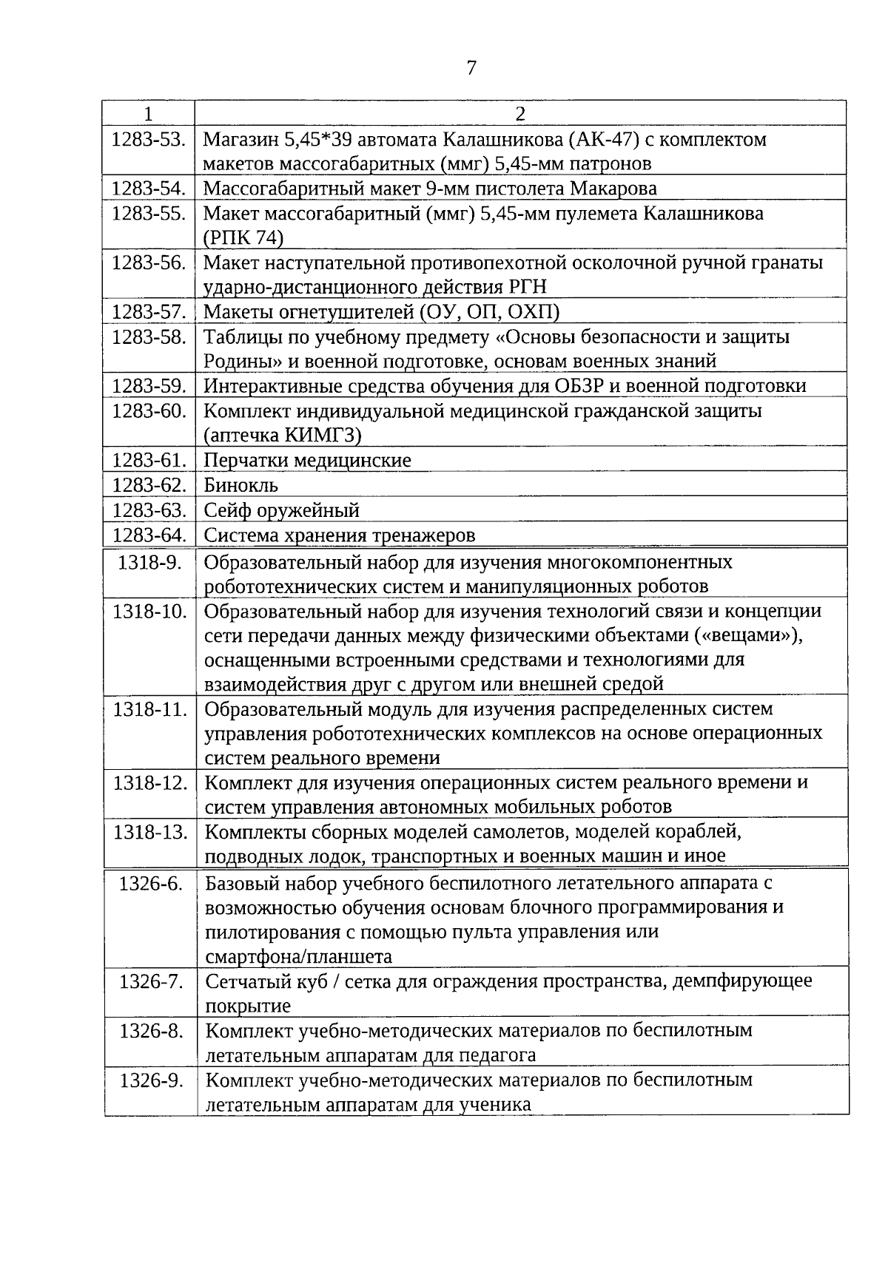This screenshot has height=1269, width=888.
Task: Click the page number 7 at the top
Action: pos(471,68)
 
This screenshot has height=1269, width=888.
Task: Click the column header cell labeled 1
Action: pos(149,113)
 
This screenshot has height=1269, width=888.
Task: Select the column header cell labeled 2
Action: pos(520,113)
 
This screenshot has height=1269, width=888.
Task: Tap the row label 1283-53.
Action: pos(149,139)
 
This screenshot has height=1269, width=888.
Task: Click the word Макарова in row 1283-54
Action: pos(613,189)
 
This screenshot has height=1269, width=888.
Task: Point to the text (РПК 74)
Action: pos(243,237)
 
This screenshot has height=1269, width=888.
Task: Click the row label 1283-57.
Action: pos(149,312)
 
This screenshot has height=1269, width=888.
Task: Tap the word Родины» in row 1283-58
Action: pos(237,361)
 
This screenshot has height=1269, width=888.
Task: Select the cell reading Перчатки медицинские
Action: pos(307,460)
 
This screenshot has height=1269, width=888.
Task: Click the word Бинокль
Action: pos(241,485)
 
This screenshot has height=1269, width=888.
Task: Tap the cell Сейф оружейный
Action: pos(282,510)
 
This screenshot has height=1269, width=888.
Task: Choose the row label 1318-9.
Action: pos(150,562)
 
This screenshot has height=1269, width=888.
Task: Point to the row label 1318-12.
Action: pos(150,782)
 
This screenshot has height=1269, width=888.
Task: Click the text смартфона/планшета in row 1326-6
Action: pos(298,956)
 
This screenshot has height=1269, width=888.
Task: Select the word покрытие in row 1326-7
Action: pos(248,1006)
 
